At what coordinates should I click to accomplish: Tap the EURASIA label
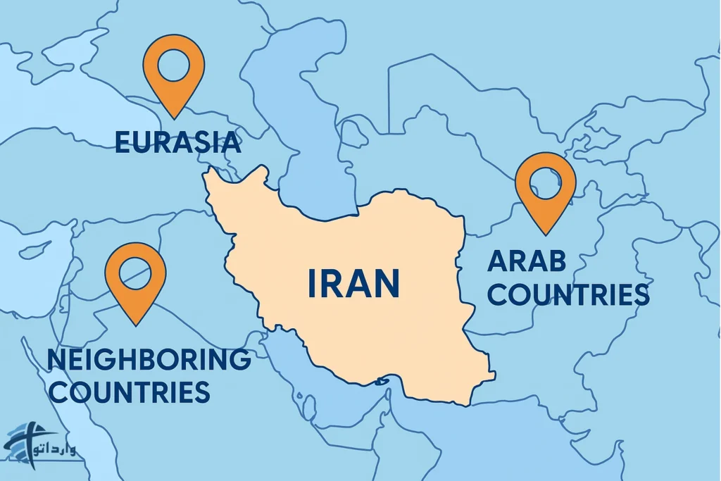coord(177,143)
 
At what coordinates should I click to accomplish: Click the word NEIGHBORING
coord(149,361)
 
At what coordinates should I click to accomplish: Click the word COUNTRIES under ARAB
coord(568,294)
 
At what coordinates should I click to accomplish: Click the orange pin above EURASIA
coord(173,70)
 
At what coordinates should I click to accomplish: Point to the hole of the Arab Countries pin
coord(546,182)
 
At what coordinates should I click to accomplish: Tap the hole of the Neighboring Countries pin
coord(135,270)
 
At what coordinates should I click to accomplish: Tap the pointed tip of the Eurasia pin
coord(173,117)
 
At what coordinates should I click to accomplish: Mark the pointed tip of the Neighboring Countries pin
coord(135,325)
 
